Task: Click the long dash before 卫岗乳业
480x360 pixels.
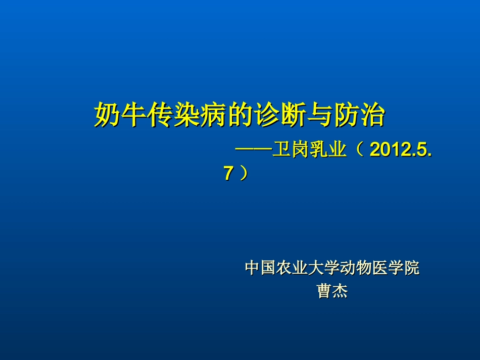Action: pyautogui.click(x=253, y=150)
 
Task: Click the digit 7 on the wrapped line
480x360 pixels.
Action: pyautogui.click(x=228, y=174)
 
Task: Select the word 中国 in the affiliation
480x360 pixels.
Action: pyautogui.click(x=260, y=268)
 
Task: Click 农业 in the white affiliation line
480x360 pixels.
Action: pyautogui.click(x=292, y=268)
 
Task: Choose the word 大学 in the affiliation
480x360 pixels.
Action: pyautogui.click(x=324, y=268)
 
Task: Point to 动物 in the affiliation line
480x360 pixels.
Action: pyautogui.click(x=356, y=268)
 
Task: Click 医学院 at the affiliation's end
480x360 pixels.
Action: pyautogui.click(x=396, y=268)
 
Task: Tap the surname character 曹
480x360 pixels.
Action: pyautogui.click(x=324, y=291)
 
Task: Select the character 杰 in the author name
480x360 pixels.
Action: pyautogui.click(x=340, y=291)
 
